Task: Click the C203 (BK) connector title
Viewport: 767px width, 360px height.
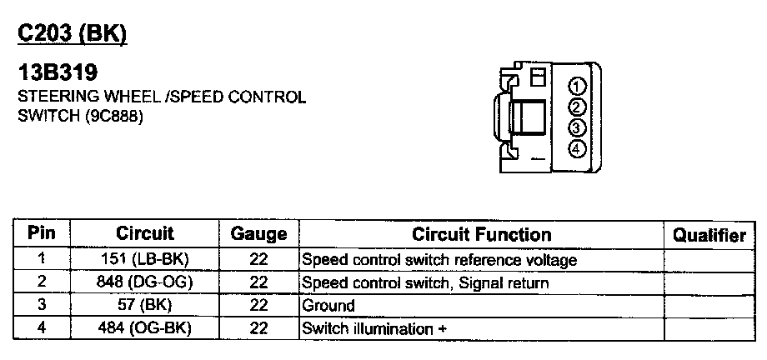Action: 72,33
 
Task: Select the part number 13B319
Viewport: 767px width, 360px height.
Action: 57,75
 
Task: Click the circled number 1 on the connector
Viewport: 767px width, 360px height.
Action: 576,86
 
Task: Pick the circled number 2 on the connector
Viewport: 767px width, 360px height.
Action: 576,106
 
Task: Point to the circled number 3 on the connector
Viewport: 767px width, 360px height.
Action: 576,127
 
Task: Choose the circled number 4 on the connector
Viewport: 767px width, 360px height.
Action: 576,148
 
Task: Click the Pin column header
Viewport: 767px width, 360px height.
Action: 42,233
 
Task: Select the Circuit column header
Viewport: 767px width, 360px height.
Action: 145,233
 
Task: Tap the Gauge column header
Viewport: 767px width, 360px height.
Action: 258,235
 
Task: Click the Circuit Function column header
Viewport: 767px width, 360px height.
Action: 481,234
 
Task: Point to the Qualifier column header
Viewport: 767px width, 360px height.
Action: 709,235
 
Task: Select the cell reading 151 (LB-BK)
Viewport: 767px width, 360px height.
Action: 145,259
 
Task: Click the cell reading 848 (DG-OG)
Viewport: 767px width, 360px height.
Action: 145,282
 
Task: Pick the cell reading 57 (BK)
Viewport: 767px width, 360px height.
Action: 145,305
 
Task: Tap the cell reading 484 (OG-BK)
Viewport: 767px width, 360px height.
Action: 145,327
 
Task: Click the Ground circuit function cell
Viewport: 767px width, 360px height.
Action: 328,306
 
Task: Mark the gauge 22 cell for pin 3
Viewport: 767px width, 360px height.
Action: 258,305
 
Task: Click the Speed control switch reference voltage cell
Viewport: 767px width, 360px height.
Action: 439,260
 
